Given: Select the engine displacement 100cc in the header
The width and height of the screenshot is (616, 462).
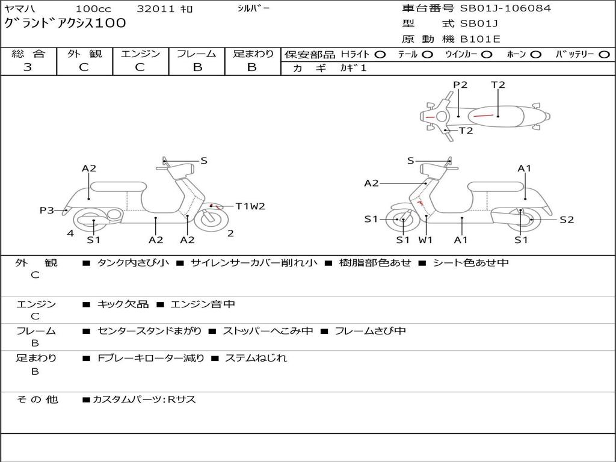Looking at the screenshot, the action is click(x=93, y=9).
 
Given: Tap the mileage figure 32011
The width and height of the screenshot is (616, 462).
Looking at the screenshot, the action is click(x=156, y=9).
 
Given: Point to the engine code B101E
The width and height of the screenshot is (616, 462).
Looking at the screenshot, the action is click(x=479, y=39).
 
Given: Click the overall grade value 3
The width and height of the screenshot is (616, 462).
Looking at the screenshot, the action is click(x=28, y=67).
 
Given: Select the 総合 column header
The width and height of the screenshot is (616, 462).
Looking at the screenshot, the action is click(x=28, y=54).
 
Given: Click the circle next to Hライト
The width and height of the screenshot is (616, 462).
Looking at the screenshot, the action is click(x=380, y=54).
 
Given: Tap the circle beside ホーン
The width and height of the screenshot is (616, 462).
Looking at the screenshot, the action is click(x=536, y=54).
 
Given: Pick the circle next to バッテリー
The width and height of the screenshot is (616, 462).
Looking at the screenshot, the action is click(x=604, y=54).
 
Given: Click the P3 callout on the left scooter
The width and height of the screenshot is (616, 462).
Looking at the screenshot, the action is click(x=47, y=211).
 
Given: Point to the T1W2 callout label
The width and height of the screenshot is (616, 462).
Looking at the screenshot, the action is click(x=250, y=206).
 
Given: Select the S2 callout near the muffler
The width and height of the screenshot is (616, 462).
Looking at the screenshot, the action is click(x=567, y=220).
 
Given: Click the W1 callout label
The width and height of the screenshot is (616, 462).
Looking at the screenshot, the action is click(x=426, y=240).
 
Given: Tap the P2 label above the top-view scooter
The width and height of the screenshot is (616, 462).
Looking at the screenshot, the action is click(x=460, y=85).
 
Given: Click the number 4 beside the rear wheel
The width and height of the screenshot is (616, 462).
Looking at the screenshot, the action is click(x=70, y=233).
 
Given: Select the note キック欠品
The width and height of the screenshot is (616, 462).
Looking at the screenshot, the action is click(x=123, y=304).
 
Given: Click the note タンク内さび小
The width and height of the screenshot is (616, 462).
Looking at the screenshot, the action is click(x=133, y=262).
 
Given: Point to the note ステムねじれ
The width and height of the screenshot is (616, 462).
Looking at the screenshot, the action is click(x=256, y=358).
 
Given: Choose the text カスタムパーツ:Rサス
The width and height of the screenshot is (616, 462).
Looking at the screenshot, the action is click(x=144, y=399).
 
